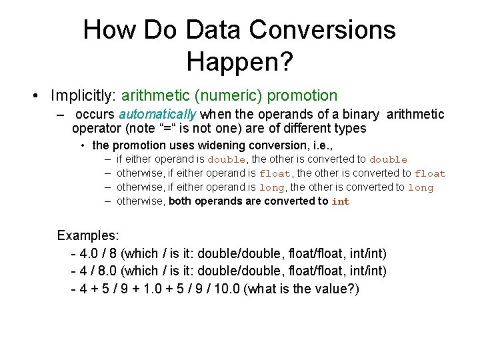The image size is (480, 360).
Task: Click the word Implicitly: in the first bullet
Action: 83,96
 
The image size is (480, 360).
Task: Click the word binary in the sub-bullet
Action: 361,114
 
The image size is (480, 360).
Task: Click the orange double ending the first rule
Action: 388,159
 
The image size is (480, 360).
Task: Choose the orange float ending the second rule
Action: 430,173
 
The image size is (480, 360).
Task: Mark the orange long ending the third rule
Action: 421,187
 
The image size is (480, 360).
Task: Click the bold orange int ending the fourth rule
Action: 341,201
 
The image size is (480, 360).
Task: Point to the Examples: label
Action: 88,235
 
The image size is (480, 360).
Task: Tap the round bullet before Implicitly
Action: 33,97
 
